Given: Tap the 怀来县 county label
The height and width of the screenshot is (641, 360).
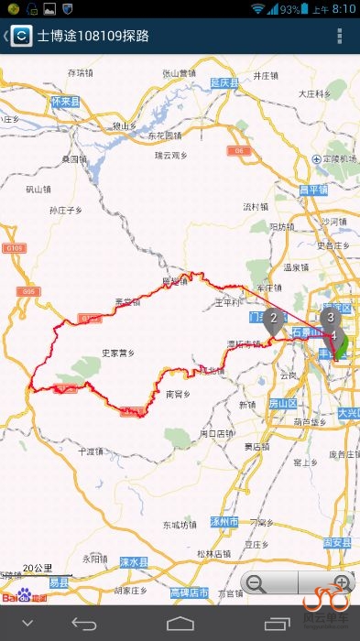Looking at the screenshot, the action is (x=65, y=102).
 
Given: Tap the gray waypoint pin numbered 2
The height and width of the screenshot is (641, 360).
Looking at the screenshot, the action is (x=272, y=321).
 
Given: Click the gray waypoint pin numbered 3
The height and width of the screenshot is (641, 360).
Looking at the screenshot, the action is (x=330, y=319).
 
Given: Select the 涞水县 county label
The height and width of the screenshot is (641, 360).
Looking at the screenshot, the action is (x=133, y=561).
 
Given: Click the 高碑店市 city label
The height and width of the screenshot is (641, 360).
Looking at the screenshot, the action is (x=191, y=593).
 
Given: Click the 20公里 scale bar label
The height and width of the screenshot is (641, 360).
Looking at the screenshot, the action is (x=38, y=568).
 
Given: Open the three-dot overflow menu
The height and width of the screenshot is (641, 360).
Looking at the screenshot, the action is (x=340, y=37).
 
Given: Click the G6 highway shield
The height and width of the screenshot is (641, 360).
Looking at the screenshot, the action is (x=238, y=149).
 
